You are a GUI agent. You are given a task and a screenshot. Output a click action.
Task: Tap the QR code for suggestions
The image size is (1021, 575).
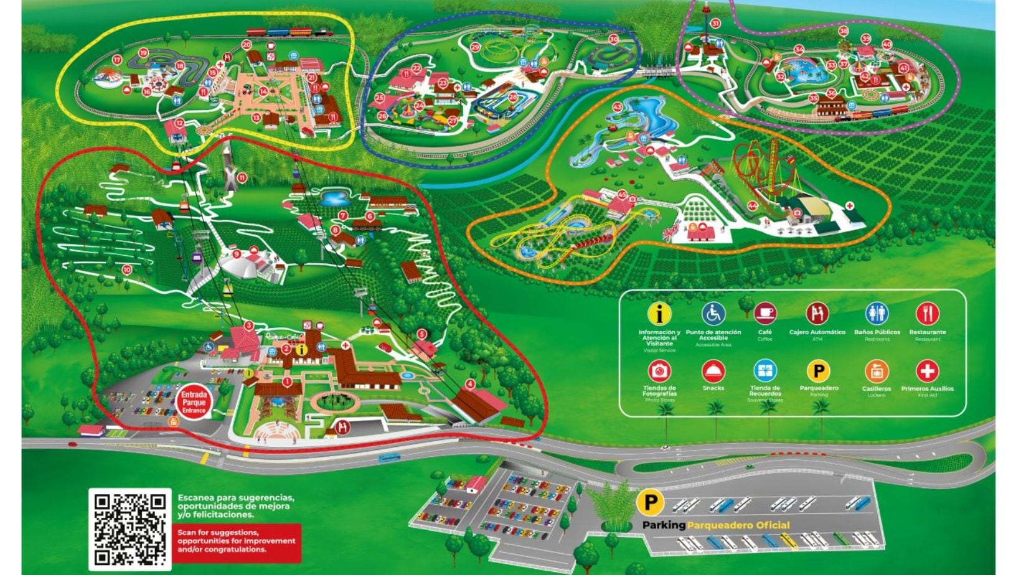coord(130,528)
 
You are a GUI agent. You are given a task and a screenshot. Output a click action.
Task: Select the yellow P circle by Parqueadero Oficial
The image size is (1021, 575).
coord(651,502)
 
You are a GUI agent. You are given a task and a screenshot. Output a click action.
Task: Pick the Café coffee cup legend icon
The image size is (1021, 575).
coord(765,314)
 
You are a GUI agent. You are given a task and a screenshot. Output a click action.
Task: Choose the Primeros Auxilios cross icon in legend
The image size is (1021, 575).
coord(927,371)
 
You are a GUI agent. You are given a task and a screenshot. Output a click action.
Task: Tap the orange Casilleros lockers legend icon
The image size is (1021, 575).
coord(876,371)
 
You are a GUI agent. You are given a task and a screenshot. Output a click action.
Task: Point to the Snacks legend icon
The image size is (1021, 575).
coord(713,371)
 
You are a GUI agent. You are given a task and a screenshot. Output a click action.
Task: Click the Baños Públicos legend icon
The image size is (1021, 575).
coord(876,314)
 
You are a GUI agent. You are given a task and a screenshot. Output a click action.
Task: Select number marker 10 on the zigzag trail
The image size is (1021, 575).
coord(127,269)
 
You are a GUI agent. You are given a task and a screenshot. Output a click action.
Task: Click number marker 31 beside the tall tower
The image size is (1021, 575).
coord(716,24)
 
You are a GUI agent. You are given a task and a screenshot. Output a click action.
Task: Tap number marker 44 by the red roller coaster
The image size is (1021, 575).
coord(753,205)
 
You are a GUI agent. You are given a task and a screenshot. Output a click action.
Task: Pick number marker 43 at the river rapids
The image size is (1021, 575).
coord(617,107)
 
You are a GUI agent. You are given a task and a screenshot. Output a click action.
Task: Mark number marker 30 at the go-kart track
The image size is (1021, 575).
coord(613,39)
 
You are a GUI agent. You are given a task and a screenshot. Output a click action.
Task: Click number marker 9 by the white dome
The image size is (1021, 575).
coord(237,254)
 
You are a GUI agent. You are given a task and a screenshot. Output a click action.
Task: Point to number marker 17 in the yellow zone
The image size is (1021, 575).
coord(116,60)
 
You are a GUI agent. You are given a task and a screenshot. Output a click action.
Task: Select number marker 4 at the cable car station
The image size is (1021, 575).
coord(470,384)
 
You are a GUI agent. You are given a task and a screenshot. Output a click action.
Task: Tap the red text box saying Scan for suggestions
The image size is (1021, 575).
coord(237,541)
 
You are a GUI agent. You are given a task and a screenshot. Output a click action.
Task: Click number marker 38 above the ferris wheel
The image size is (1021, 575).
coord(844,30)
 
